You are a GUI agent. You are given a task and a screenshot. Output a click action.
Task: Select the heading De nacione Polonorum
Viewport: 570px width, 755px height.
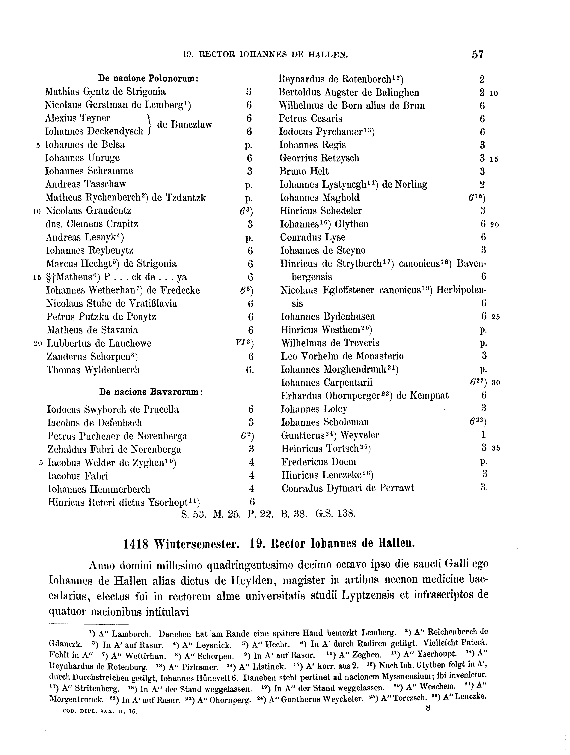[x=148, y=79]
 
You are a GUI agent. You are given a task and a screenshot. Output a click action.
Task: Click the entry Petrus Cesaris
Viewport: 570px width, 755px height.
[x=310, y=119]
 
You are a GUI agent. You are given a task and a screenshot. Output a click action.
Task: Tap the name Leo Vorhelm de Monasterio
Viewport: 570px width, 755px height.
[x=342, y=356]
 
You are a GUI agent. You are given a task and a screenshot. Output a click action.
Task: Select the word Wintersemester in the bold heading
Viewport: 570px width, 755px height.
[x=195, y=544]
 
